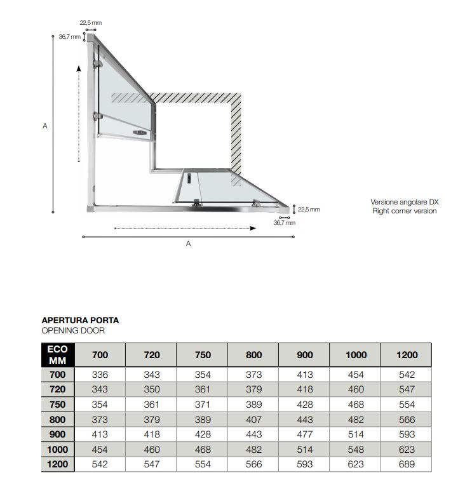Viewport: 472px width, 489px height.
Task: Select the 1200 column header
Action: (x=407, y=355)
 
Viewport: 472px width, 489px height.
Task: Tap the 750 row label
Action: (x=58, y=405)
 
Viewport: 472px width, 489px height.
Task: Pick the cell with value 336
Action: (x=100, y=375)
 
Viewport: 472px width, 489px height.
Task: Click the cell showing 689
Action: (x=407, y=464)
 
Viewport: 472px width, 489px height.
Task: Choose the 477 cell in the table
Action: (x=305, y=434)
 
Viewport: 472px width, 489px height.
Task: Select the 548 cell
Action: (x=356, y=450)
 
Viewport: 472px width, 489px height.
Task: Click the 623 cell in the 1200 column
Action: (x=407, y=450)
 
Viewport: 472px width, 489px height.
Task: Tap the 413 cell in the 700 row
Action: (x=305, y=375)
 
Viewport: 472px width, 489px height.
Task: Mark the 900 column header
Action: (x=305, y=355)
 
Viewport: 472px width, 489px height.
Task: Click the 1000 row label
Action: (x=58, y=450)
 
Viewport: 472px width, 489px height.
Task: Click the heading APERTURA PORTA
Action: (x=80, y=321)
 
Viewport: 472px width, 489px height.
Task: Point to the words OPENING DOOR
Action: (x=72, y=330)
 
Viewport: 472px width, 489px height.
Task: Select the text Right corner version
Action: (x=405, y=211)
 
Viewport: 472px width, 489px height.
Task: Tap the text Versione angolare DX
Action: (x=405, y=202)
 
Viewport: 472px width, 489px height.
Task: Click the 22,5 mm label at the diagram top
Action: (x=90, y=23)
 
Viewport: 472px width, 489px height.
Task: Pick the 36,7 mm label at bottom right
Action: (x=284, y=223)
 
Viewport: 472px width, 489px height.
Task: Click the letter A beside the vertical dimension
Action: (x=45, y=126)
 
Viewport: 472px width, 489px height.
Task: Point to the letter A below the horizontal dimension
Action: (x=188, y=243)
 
